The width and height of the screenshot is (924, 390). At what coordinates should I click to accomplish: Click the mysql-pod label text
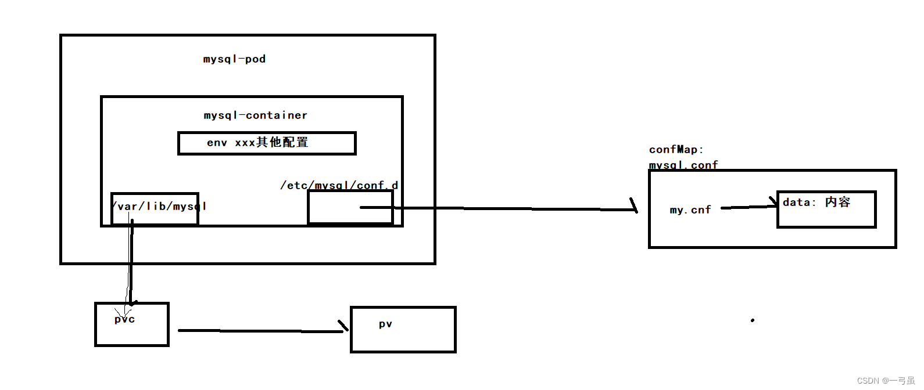pyautogui.click(x=234, y=59)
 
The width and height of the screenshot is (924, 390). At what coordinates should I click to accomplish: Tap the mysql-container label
pyautogui.click(x=255, y=115)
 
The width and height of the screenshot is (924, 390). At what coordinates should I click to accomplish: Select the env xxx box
pyautogui.click(x=267, y=143)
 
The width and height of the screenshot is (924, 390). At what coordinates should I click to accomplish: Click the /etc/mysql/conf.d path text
pyautogui.click(x=339, y=185)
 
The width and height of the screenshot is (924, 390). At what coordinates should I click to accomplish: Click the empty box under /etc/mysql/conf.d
pyautogui.click(x=350, y=207)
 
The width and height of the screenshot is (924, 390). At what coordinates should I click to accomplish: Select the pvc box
pyautogui.click(x=132, y=325)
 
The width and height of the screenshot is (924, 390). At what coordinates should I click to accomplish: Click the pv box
pyautogui.click(x=403, y=330)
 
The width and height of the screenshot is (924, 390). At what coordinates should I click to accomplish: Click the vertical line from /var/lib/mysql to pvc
pyautogui.click(x=131, y=261)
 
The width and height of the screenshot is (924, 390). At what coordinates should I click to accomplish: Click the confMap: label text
pyautogui.click(x=676, y=150)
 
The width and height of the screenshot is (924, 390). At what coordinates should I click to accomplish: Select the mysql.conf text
pyautogui.click(x=683, y=165)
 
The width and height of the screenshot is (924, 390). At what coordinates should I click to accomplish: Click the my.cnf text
pyautogui.click(x=690, y=210)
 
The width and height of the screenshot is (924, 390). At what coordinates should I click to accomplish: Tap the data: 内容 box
pyautogui.click(x=826, y=210)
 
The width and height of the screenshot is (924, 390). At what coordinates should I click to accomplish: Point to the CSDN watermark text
pyautogui.click(x=886, y=381)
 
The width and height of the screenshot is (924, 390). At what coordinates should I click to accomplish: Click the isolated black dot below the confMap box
pyautogui.click(x=753, y=320)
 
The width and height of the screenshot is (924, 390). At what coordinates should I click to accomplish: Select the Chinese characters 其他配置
pyautogui.click(x=282, y=143)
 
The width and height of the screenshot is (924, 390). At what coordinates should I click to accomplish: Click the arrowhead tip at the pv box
pyautogui.click(x=346, y=330)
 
